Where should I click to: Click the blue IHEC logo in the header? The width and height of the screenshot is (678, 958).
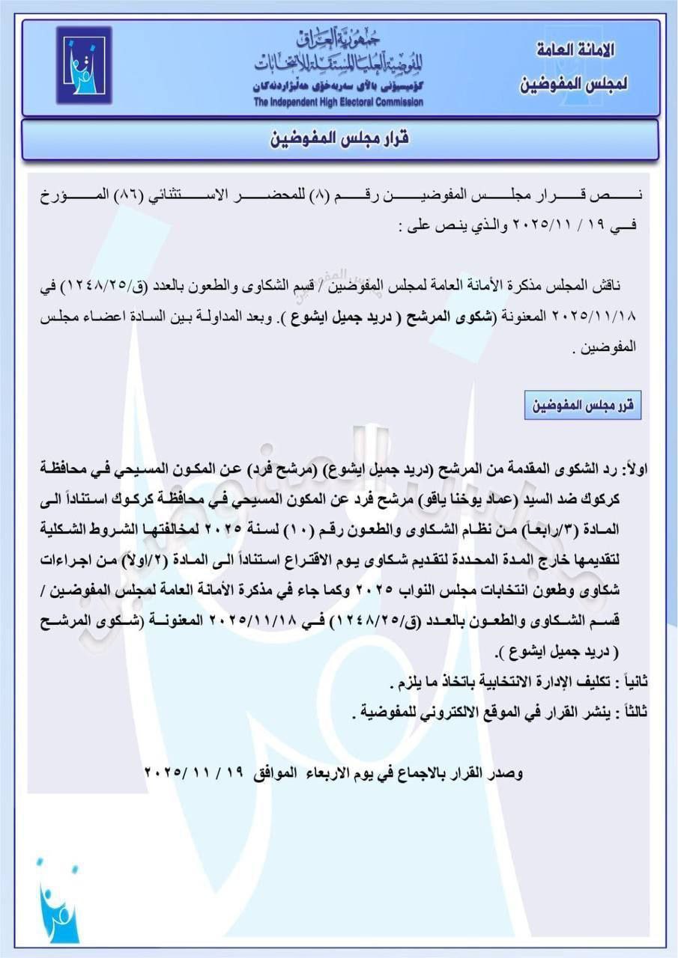[x=83, y=65]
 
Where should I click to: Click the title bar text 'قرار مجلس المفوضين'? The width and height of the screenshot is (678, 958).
[x=339, y=140]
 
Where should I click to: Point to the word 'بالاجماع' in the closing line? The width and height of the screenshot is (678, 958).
[x=429, y=772]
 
